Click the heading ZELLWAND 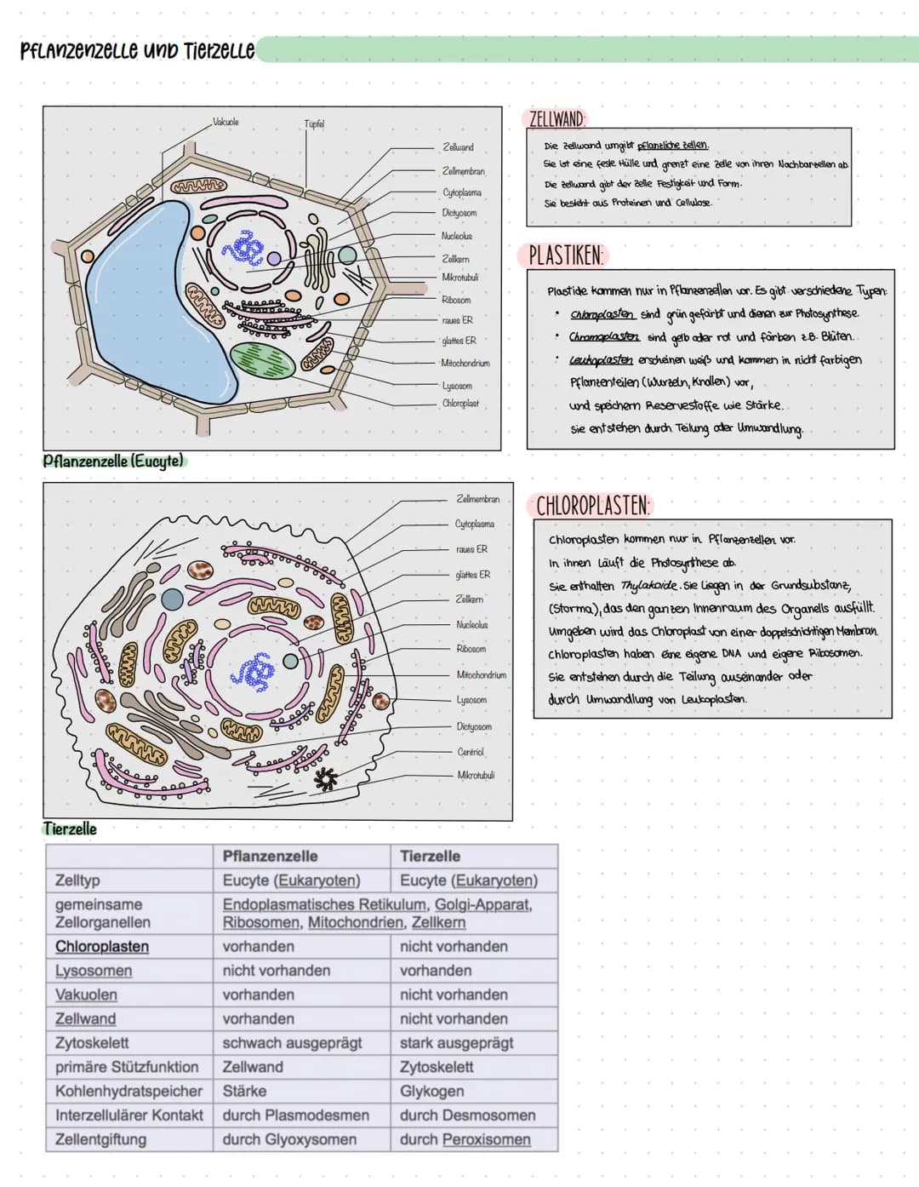[557, 118]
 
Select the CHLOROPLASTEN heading [592, 506]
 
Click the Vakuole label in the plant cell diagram [225, 123]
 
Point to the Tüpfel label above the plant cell [314, 124]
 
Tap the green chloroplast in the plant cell [262, 360]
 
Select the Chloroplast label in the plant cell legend [460, 404]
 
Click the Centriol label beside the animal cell [471, 752]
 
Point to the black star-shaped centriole [326, 777]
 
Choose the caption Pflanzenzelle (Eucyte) [113, 462]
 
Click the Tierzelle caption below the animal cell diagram [70, 829]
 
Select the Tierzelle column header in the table [430, 856]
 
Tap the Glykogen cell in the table [431, 1091]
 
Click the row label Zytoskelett [92, 1042]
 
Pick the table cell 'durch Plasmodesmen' [295, 1115]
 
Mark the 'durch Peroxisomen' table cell [465, 1139]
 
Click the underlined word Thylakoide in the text [648, 585]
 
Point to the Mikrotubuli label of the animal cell [476, 776]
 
